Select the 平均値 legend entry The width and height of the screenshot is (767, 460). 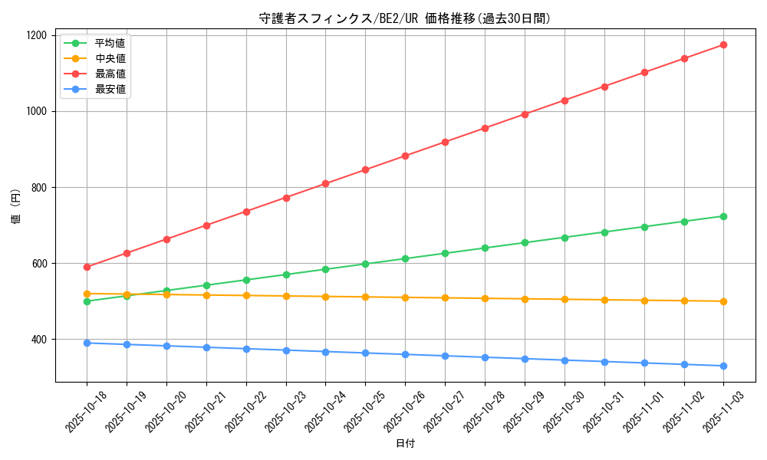click(110, 43)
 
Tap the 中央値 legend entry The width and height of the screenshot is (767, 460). click(110, 58)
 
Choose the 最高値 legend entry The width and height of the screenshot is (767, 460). click(110, 74)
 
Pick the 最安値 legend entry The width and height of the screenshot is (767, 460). click(110, 89)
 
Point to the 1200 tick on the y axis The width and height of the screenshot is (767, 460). click(37, 35)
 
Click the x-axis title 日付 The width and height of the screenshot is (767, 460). click(405, 444)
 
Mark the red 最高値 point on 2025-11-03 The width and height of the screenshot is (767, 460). click(723, 44)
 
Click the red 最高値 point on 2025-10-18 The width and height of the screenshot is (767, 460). click(87, 267)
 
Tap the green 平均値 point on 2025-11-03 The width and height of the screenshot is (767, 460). click(723, 216)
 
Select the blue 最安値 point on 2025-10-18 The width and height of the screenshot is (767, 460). click(87, 343)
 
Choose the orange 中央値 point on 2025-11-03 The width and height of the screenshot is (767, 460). click(723, 301)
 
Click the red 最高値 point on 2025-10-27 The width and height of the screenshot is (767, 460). click(445, 142)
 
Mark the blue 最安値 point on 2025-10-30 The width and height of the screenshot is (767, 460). click(565, 360)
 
